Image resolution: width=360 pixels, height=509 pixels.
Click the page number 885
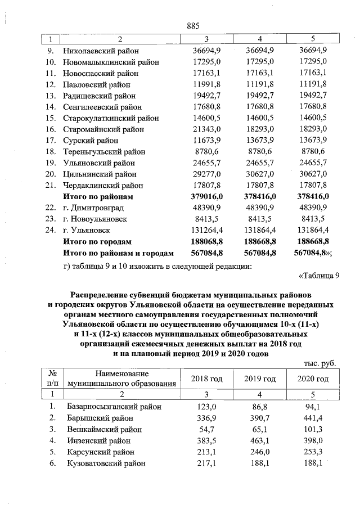(x=193, y=26)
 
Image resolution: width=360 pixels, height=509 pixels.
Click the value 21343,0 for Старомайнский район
(x=206, y=129)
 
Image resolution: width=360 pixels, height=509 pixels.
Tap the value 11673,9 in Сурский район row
(x=206, y=141)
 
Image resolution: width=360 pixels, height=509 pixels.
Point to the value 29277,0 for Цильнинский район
(x=206, y=174)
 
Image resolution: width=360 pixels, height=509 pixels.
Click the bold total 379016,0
(x=206, y=197)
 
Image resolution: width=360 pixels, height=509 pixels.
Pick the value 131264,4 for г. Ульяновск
(x=206, y=231)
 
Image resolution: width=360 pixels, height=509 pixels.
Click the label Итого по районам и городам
(x=118, y=253)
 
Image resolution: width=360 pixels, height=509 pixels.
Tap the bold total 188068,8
(x=206, y=242)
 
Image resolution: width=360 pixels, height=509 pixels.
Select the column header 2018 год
(x=206, y=379)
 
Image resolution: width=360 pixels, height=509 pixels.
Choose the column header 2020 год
(x=313, y=379)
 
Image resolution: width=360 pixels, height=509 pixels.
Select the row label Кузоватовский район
(x=105, y=463)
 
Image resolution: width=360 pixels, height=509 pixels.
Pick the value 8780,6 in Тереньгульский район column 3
(x=206, y=152)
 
